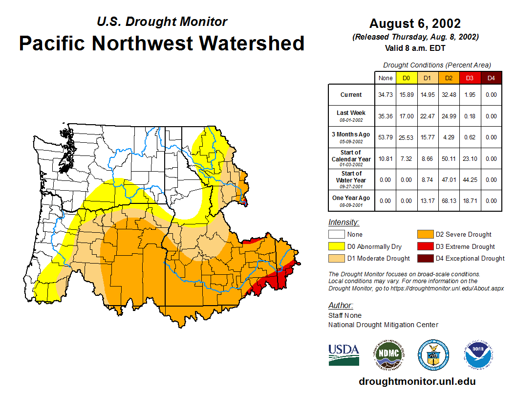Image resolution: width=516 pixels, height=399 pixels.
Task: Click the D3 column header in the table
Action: coord(470,78)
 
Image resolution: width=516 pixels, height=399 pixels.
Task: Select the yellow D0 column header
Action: coord(406,78)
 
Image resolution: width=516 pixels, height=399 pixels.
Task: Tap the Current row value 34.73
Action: coord(386,95)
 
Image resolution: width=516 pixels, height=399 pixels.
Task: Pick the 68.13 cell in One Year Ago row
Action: coord(448,200)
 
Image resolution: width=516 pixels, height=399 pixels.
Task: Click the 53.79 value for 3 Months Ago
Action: coord(386,137)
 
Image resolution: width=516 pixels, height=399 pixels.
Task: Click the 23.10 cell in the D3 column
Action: coord(470,159)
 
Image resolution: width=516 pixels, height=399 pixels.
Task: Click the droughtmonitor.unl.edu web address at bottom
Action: coord(417,381)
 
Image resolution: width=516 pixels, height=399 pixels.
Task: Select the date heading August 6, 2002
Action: coord(415,23)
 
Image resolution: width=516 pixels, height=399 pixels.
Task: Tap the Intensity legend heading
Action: coord(344,222)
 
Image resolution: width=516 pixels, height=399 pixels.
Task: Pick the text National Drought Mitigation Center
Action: coord(383,325)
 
